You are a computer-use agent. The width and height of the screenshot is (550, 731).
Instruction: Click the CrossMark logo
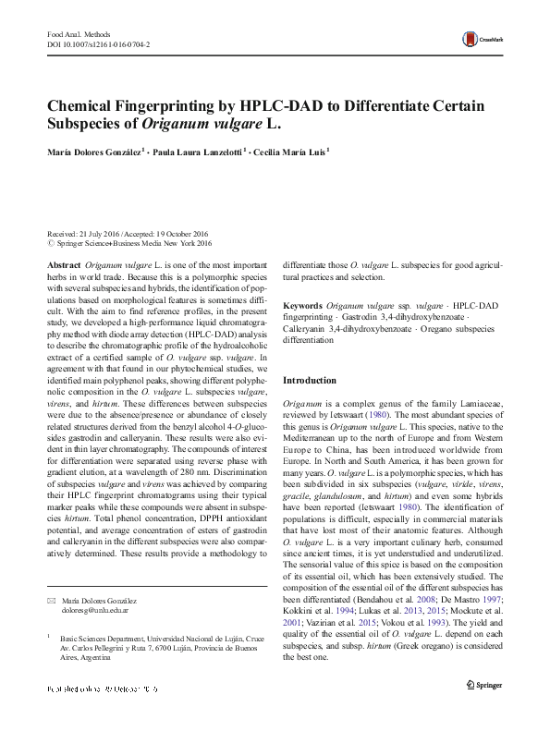click(x=480, y=38)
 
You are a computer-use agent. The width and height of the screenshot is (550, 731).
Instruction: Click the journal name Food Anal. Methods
click(x=78, y=32)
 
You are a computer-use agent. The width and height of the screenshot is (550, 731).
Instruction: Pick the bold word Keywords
click(x=303, y=304)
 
